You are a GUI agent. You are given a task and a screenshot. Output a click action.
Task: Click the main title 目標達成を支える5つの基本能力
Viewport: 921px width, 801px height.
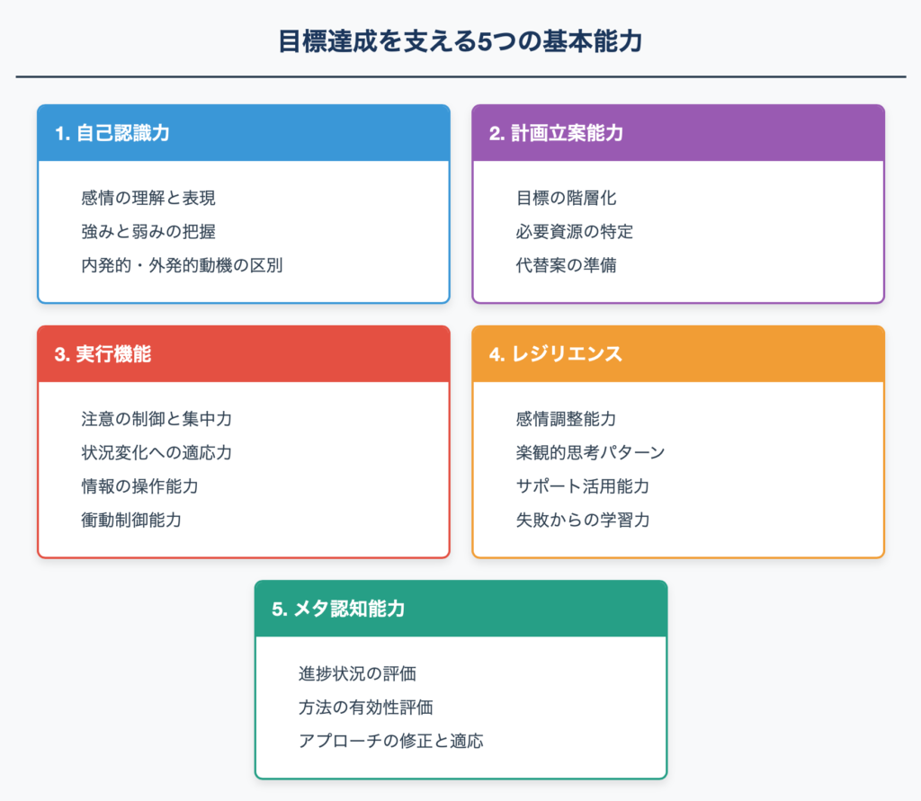pyautogui.click(x=460, y=41)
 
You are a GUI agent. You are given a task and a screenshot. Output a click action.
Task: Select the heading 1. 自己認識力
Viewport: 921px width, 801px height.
pyautogui.click(x=112, y=133)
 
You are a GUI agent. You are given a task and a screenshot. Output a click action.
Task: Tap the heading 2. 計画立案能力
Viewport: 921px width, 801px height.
pyautogui.click(x=556, y=133)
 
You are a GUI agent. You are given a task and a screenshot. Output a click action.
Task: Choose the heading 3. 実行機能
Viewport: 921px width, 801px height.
pyautogui.click(x=103, y=354)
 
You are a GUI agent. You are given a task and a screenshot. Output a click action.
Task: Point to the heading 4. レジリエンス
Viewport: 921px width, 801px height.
pyautogui.click(x=556, y=354)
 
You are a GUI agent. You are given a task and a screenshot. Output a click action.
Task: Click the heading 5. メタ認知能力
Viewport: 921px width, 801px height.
pyautogui.click(x=338, y=609)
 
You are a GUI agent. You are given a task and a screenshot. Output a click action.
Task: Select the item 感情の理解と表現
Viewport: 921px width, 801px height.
pyautogui.click(x=148, y=198)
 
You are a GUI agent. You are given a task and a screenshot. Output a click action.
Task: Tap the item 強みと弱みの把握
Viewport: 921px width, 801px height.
pyautogui.click(x=148, y=231)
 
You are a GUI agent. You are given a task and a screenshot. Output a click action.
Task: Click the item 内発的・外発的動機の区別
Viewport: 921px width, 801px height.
pyautogui.click(x=182, y=265)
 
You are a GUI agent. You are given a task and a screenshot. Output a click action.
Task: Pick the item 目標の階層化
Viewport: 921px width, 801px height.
pyautogui.click(x=567, y=198)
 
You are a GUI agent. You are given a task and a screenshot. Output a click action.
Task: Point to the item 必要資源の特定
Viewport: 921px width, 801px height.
pyautogui.click(x=575, y=231)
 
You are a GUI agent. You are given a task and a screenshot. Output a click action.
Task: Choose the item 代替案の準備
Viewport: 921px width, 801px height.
pyautogui.click(x=567, y=265)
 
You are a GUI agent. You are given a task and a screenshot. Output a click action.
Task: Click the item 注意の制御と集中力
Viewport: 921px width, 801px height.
pyautogui.click(x=156, y=419)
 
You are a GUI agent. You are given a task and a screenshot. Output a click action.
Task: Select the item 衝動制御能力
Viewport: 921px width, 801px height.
pyautogui.click(x=131, y=520)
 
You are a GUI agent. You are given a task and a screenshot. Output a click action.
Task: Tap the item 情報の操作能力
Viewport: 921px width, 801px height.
pyautogui.click(x=139, y=486)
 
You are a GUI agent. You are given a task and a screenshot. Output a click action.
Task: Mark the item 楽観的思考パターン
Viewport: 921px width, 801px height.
pyautogui.click(x=590, y=452)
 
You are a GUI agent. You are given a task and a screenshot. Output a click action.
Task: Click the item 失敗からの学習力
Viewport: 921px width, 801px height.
pyautogui.click(x=583, y=520)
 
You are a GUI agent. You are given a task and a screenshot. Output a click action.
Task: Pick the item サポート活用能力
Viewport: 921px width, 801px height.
pyautogui.click(x=583, y=486)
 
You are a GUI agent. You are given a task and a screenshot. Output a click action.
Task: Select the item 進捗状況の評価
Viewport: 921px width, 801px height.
pyautogui.click(x=357, y=673)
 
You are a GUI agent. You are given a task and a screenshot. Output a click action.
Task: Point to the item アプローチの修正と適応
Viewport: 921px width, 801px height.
pyautogui.click(x=391, y=741)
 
